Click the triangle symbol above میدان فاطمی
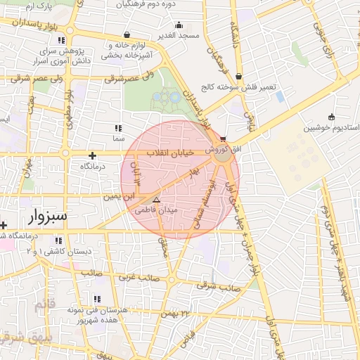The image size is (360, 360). point(156,200)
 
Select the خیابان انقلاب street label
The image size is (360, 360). point(171,153)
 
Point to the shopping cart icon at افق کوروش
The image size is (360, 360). point(224,139)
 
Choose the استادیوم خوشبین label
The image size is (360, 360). point(331,128)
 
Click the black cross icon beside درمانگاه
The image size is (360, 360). point(92,155)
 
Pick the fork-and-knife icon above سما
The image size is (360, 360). point(117,129)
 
